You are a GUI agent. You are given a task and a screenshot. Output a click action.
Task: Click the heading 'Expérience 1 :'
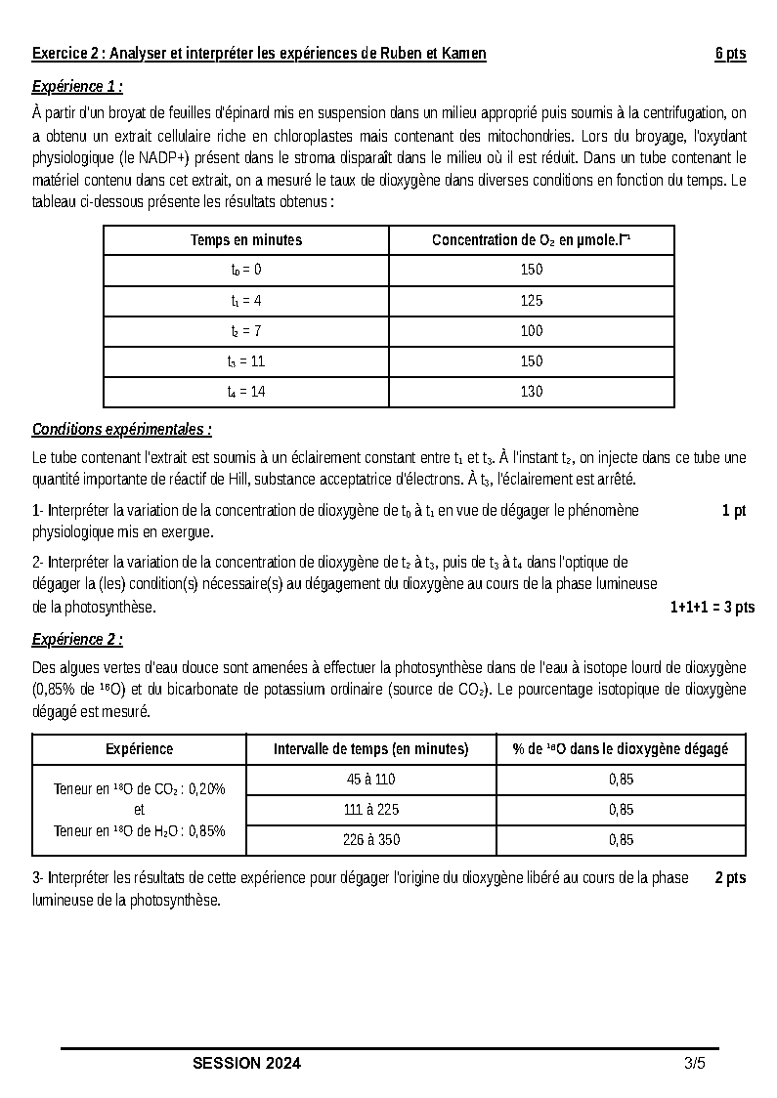(x=77, y=86)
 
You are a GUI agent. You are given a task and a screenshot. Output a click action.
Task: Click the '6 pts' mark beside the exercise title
(x=730, y=54)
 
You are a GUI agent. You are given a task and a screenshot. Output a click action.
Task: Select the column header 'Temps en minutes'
(x=246, y=240)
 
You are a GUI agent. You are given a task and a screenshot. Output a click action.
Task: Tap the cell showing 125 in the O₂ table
(x=532, y=301)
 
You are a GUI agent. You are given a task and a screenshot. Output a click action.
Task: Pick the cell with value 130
(x=532, y=392)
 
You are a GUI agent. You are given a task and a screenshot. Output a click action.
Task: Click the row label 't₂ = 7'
(x=246, y=331)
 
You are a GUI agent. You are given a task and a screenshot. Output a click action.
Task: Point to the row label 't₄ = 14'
(x=246, y=392)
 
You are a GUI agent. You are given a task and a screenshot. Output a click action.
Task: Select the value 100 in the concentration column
(x=532, y=331)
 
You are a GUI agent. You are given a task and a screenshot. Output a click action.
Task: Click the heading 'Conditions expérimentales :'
(x=122, y=429)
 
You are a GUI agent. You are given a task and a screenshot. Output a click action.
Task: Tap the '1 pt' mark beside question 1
(x=734, y=511)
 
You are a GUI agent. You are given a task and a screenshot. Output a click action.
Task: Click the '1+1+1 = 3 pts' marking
(x=712, y=608)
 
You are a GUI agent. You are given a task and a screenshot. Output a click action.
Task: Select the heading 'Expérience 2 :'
(x=77, y=640)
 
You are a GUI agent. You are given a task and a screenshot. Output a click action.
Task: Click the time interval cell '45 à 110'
(x=371, y=780)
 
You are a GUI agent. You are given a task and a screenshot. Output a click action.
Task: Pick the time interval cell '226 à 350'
(x=371, y=840)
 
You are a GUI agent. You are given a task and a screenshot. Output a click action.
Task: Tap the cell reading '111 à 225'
(x=371, y=810)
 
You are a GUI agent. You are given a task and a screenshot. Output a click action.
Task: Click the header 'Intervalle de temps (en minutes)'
(x=371, y=749)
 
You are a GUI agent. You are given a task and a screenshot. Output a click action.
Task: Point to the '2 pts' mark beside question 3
(x=730, y=878)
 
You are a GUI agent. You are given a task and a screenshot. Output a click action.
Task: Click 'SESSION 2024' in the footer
(x=247, y=1064)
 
